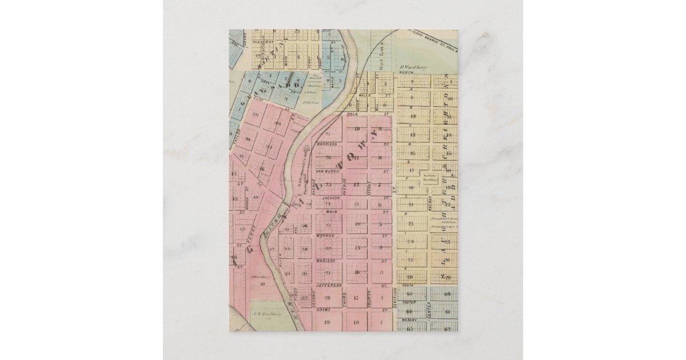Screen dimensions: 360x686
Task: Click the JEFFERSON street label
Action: click(x=328, y=285)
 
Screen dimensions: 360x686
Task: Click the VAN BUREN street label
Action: click(x=328, y=171)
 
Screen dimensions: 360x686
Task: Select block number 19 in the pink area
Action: click(x=328, y=322)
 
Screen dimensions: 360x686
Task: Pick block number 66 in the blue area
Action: click(x=409, y=311)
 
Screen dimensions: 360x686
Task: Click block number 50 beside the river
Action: click(x=262, y=284)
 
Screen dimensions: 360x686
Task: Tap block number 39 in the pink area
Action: click(x=256, y=114)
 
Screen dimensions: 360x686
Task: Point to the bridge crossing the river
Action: click(x=284, y=203)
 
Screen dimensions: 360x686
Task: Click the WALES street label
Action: click(x=366, y=95)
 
